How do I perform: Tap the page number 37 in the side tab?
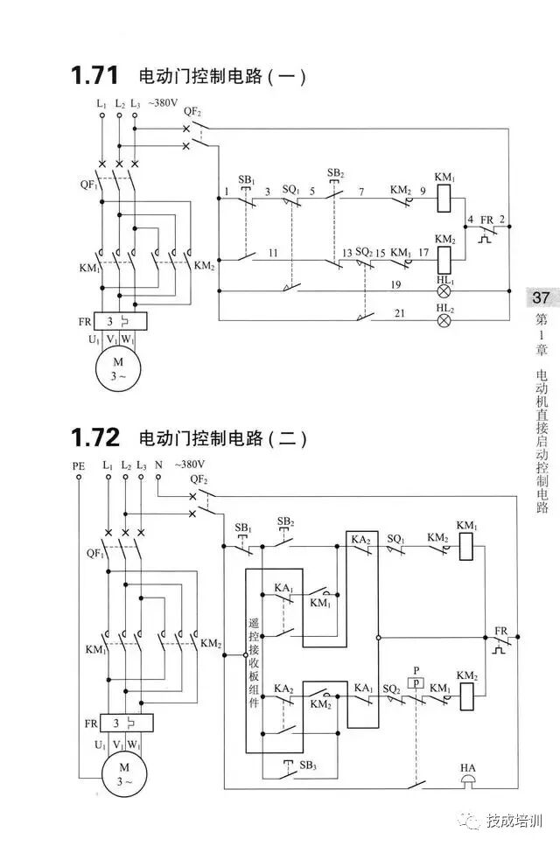tap(541, 298)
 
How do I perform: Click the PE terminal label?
tap(79, 466)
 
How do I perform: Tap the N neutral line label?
tap(159, 466)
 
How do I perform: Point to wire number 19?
tap(395, 284)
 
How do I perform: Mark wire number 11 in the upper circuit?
tap(274, 252)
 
